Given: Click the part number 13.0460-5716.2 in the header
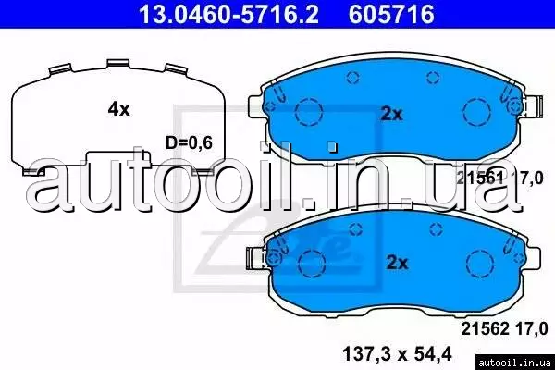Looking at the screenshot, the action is [228, 14].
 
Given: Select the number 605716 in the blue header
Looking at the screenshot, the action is [391, 14].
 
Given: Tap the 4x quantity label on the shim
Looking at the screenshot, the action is [119, 109].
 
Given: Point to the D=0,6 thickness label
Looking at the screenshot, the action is [190, 142].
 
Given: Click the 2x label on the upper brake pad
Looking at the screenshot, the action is [391, 114].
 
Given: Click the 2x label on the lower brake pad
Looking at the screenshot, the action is [397, 263].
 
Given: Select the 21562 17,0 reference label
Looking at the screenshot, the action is [504, 329].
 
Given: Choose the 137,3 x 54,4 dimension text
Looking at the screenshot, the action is [398, 354].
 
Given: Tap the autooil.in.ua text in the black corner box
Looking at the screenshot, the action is [515, 363].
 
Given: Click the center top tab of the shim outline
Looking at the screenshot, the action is [118, 64].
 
